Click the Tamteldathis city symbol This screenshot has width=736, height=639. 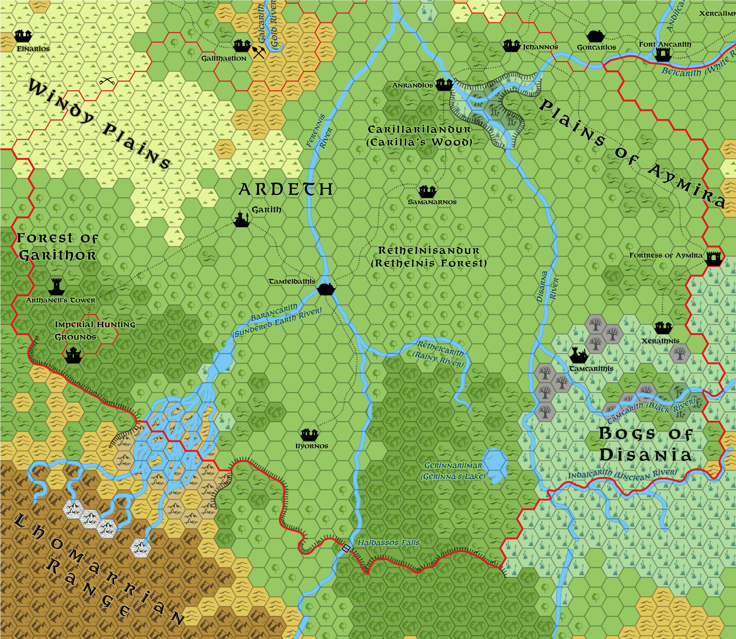(x=326, y=289)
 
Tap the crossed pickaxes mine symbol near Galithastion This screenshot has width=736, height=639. (x=259, y=52)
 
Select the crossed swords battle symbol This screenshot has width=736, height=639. (x=107, y=81)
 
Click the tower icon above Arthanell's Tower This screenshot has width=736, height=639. (x=56, y=286)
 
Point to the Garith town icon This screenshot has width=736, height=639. (x=242, y=219)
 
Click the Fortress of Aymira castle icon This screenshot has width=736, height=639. (x=714, y=258)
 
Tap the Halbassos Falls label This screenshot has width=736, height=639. (x=388, y=543)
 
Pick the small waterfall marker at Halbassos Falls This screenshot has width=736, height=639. (x=345, y=548)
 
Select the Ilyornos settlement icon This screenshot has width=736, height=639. (x=309, y=435)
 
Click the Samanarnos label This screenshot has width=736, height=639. (x=432, y=202)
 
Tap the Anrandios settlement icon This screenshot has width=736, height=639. (x=444, y=84)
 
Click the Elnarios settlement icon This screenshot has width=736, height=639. (x=24, y=36)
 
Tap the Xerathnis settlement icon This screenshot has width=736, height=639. (x=663, y=327)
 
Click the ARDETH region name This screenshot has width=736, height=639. (x=286, y=190)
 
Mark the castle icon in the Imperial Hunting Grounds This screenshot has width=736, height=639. (x=73, y=355)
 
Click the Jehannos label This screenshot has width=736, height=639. (x=540, y=47)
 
